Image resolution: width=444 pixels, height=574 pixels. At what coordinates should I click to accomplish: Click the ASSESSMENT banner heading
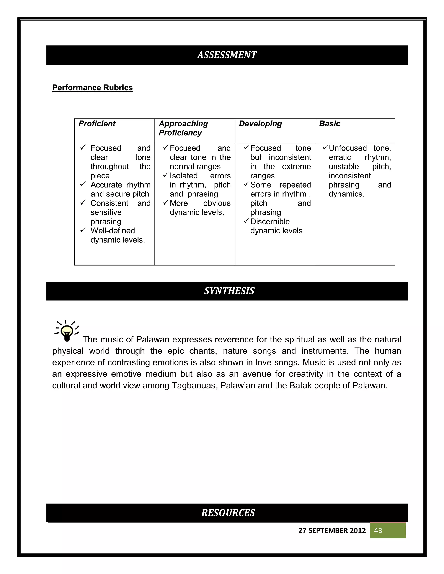(227, 55)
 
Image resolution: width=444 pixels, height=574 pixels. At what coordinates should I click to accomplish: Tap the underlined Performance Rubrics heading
(92, 88)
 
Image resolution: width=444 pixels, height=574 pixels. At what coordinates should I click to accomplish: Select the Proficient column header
(97, 123)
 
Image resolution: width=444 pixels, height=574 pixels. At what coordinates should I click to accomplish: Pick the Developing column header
(260, 123)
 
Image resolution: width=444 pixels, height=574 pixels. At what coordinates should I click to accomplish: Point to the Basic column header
(329, 123)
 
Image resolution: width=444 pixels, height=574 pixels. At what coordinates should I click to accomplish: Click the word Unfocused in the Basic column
(348, 148)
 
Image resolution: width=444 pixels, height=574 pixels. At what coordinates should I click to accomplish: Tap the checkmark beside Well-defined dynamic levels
(83, 230)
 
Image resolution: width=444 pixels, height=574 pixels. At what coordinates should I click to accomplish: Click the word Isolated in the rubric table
(183, 176)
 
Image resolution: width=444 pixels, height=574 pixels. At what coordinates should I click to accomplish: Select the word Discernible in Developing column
(270, 221)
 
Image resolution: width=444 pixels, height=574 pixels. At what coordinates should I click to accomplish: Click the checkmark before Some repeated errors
(246, 185)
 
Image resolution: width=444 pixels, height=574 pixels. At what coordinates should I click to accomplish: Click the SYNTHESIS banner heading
(229, 291)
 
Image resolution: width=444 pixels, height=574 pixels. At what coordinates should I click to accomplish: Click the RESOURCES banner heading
(228, 513)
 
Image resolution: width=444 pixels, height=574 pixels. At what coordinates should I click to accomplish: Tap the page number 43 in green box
(378, 530)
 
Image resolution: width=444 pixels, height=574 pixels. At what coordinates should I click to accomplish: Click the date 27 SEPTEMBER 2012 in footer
(332, 530)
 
